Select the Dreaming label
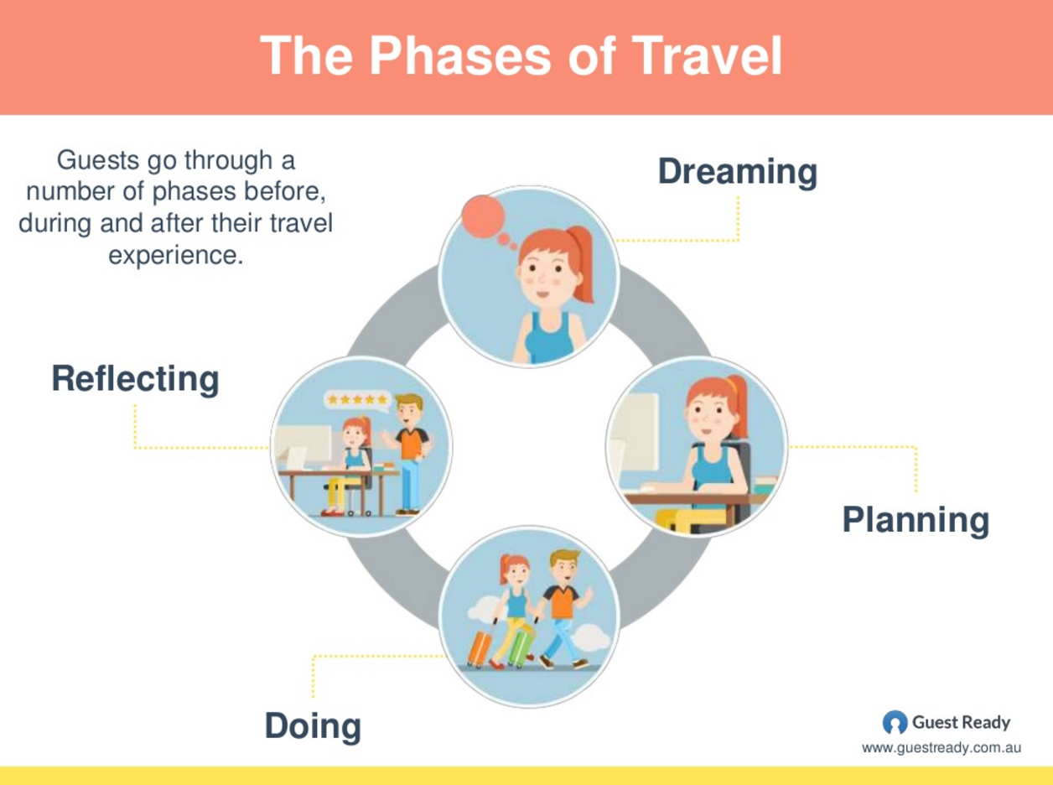pyautogui.click(x=736, y=171)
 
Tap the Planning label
pyautogui.click(x=915, y=519)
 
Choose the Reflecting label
pyautogui.click(x=135, y=378)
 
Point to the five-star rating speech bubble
pyautogui.click(x=357, y=401)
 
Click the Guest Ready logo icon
pyautogui.click(x=895, y=722)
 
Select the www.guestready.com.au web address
pyautogui.click(x=941, y=747)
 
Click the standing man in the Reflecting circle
pyautogui.click(x=409, y=453)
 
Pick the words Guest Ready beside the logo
pyautogui.click(x=961, y=722)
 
